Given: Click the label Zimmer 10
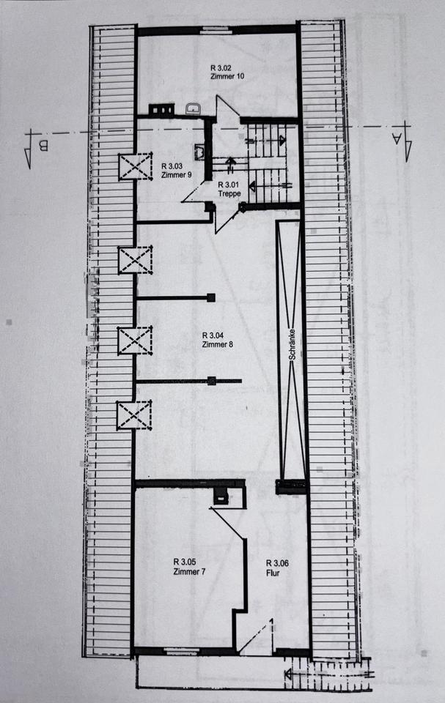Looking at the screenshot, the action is (222, 77).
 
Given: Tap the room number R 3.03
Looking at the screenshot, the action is (173, 166).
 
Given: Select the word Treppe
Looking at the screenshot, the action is (229, 194).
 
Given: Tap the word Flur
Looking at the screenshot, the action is (273, 573).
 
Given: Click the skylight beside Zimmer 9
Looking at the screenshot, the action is (135, 167).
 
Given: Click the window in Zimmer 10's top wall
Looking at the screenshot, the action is (215, 30).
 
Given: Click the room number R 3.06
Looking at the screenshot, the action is (278, 562).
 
